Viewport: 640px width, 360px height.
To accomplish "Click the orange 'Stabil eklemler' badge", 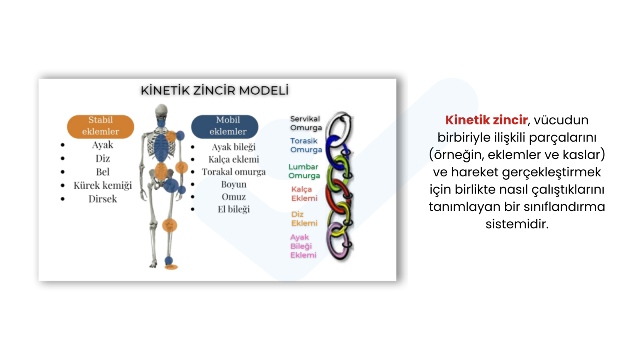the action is [100, 126].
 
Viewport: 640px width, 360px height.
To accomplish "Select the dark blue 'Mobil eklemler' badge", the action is [224, 126].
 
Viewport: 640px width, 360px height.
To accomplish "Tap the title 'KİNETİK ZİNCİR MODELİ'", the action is [214, 90].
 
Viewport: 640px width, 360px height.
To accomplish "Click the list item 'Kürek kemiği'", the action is [102, 186].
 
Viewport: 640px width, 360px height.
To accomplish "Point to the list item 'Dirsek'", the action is [102, 199].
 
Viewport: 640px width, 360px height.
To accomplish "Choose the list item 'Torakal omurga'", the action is [234, 172].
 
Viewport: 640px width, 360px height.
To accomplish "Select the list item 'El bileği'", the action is [234, 209].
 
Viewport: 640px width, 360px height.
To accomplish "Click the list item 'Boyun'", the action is [234, 184].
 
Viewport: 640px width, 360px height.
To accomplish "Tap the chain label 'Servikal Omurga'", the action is [306, 123].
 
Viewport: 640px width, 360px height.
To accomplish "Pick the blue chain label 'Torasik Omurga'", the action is [306, 145].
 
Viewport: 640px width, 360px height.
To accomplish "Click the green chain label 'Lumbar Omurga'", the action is [304, 171].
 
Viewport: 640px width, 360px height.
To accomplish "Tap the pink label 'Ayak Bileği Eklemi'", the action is [303, 246].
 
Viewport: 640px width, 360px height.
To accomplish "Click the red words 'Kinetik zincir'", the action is [486, 120].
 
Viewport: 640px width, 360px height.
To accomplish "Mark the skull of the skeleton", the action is [162, 111].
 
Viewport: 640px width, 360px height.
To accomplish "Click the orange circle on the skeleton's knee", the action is [170, 226].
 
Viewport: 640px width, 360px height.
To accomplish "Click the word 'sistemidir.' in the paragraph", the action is [517, 224].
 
